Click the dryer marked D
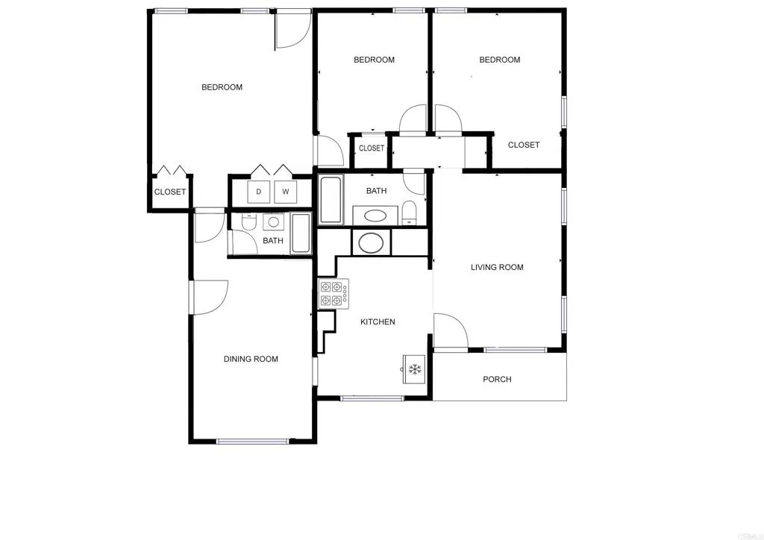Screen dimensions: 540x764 pos(259,192)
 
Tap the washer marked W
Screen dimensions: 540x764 pos(286,192)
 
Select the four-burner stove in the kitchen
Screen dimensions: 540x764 pos(334,294)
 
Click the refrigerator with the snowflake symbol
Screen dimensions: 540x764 pos(415,369)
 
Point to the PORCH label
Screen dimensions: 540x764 pos(497,380)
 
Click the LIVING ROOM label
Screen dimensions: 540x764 pos(497,267)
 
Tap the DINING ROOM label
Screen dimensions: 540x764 pos(251,360)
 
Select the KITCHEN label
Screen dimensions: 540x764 pos(378,322)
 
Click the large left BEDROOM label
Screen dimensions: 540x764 pos(222,87)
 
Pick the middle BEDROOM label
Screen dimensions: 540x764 pos(374,60)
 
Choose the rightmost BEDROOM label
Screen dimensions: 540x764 pos(499,60)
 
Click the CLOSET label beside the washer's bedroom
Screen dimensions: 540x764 pos(170,192)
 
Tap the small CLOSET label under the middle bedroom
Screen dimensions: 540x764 pos(372,148)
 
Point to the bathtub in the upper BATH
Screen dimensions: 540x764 pos(331,200)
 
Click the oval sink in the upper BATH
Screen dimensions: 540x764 pos(375,216)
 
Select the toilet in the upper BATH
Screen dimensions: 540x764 pos(409,212)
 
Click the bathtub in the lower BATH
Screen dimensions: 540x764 pos(301,233)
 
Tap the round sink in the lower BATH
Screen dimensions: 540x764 pos(274,222)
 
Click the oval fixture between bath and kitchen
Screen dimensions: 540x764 pos(371,243)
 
